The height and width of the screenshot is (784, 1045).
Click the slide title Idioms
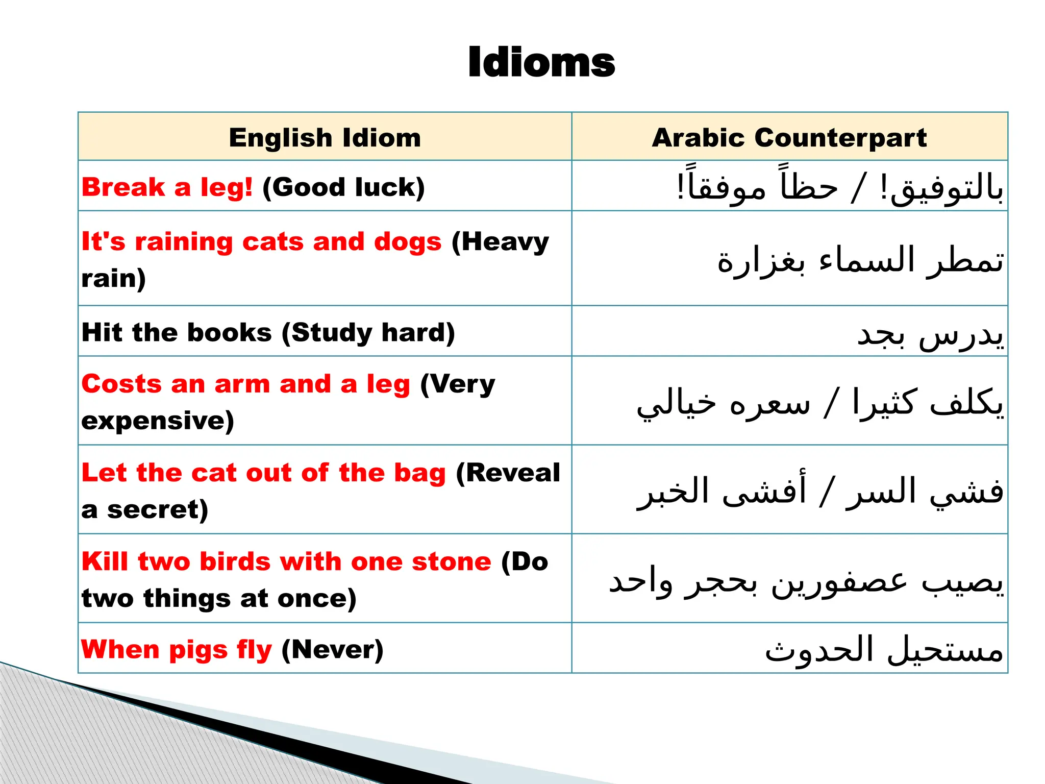coord(541,63)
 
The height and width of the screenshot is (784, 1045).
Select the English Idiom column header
coord(325,138)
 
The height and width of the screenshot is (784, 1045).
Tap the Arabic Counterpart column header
coord(789,138)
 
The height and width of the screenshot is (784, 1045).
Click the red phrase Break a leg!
coord(167,187)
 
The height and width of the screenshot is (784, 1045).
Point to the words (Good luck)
coord(343,187)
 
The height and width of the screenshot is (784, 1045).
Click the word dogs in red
coord(407,242)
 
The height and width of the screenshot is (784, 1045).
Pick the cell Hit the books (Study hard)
coord(268,333)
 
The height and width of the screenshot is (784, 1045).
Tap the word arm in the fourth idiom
coord(242,384)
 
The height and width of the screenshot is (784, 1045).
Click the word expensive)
coord(157,421)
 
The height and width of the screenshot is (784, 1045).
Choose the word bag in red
coord(419,473)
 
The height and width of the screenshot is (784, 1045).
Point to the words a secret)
coord(144,510)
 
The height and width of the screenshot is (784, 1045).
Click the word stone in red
coord(451,561)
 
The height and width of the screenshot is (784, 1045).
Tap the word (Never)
coord(332,650)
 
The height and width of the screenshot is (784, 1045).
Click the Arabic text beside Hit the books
coord(930,335)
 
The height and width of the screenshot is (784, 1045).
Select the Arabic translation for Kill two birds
coord(806,582)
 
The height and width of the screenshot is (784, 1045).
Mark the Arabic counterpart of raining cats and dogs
coord(860,260)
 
